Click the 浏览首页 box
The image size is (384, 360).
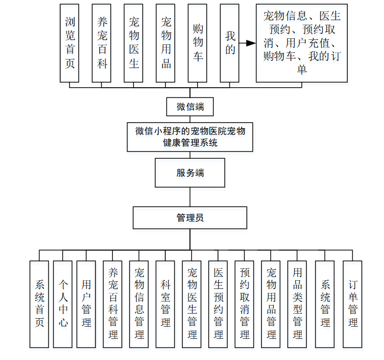[69, 43]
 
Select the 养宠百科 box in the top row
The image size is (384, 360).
[101, 43]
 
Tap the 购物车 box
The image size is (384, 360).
[198, 43]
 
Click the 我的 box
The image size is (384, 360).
[229, 43]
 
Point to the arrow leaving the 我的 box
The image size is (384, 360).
[247, 43]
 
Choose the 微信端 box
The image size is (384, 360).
[190, 107]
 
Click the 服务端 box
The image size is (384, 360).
[190, 172]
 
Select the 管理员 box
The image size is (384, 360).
[190, 218]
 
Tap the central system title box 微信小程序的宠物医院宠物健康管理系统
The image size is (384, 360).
[190, 136]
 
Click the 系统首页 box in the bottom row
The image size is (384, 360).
[39, 304]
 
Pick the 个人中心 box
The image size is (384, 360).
[63, 304]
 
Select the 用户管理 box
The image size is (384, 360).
[86, 304]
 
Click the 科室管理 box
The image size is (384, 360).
[165, 304]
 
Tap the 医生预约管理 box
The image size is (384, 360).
[218, 304]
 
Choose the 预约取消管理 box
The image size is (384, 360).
[244, 304]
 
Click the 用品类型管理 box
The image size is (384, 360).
[297, 304]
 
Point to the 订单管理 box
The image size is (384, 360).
[352, 304]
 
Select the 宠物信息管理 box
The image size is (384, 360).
[139, 304]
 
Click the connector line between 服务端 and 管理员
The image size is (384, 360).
[190, 196]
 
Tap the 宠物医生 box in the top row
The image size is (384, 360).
[134, 43]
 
